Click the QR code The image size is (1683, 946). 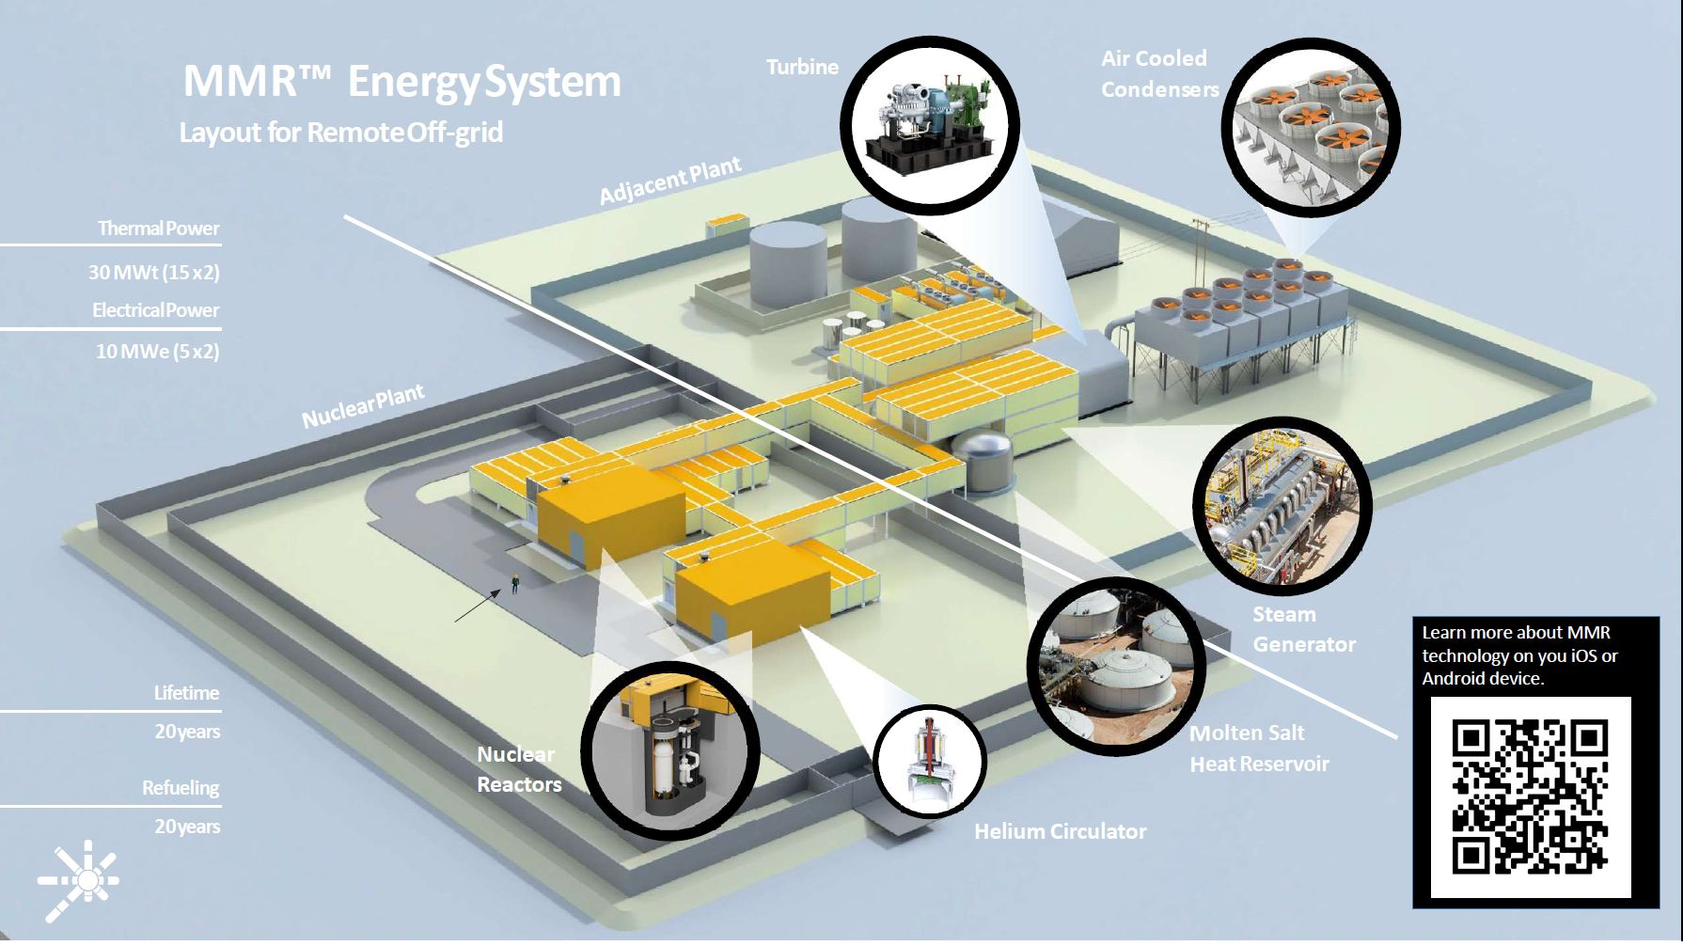coord(1530,796)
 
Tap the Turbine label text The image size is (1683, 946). coord(802,68)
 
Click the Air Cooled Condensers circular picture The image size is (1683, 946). coord(1311,127)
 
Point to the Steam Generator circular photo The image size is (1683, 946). coord(1282,506)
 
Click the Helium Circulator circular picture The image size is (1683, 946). coord(929,759)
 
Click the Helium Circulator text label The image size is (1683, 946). coord(1060,831)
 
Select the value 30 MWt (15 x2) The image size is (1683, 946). coord(154,273)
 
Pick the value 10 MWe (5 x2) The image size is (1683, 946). coord(157,352)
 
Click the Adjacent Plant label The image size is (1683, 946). coord(670,181)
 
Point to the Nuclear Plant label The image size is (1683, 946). coord(363,406)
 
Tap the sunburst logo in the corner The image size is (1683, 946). coord(79,879)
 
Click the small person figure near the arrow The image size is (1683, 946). coord(514,583)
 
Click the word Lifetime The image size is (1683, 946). coord(186,693)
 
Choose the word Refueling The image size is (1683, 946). coord(181,788)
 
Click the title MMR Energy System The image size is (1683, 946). coord(401,82)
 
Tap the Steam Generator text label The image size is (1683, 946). coord(1303,629)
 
